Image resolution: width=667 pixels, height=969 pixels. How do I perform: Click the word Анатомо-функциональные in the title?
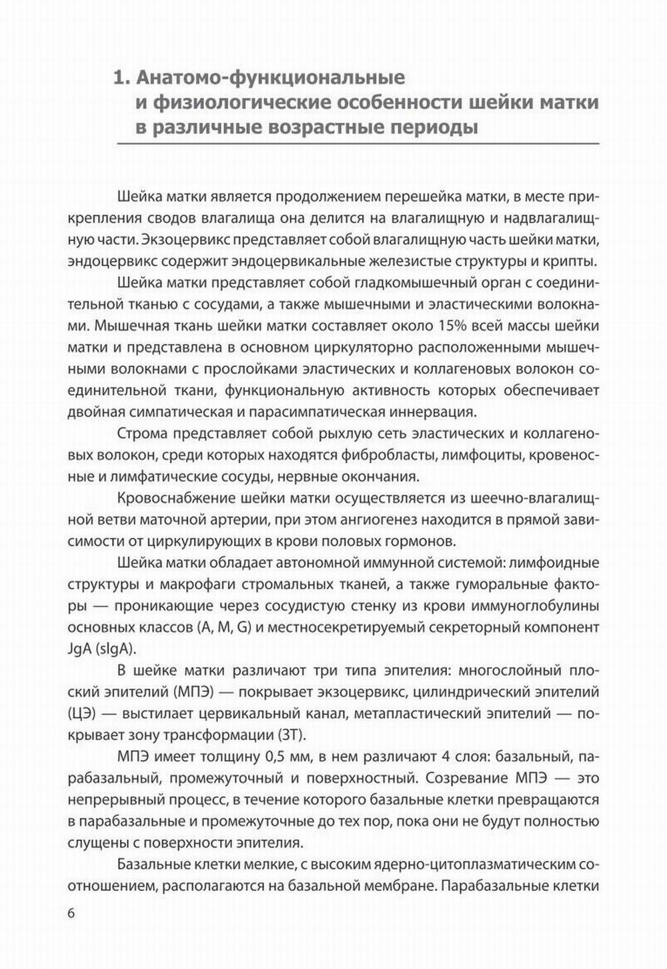[x=270, y=78]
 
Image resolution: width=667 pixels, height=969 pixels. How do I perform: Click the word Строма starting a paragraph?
[x=141, y=434]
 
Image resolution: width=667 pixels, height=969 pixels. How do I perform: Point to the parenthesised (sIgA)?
[x=117, y=649]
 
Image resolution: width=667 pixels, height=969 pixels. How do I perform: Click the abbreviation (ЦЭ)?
[x=83, y=713]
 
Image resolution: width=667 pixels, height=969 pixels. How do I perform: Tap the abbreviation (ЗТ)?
[x=290, y=735]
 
